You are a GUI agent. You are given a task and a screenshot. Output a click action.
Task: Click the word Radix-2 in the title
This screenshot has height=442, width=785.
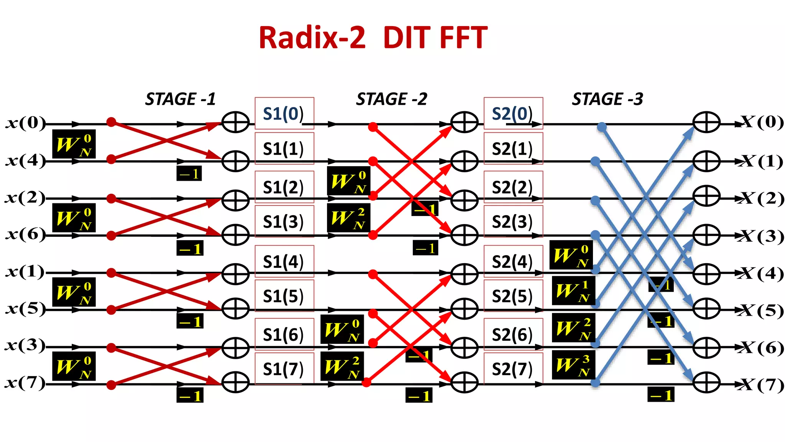tap(312, 38)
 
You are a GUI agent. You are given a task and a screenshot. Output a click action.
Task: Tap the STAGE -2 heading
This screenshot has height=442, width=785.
tap(391, 99)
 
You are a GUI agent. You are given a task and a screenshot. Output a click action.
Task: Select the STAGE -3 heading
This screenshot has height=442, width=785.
tap(607, 99)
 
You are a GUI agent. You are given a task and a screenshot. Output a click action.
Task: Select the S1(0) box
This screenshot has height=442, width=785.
tap(284, 114)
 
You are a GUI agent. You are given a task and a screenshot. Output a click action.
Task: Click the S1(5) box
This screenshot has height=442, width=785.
tap(284, 296)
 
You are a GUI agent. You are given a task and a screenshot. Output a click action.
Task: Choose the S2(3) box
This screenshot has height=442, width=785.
tap(513, 221)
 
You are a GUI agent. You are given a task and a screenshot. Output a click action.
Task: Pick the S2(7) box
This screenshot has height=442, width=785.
tap(513, 369)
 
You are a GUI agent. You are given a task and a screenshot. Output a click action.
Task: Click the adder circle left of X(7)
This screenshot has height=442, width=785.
tap(706, 383)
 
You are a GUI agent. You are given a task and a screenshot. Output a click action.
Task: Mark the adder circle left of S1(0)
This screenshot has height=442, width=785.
tap(235, 122)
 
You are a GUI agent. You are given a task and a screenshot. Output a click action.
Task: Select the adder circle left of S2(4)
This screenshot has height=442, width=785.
tap(464, 274)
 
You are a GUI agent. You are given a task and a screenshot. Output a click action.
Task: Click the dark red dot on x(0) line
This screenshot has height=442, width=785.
tap(111, 122)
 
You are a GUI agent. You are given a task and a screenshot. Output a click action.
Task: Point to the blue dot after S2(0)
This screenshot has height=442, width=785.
tap(602, 127)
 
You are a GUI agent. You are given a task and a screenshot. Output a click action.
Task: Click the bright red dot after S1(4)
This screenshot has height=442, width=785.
tap(373, 274)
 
